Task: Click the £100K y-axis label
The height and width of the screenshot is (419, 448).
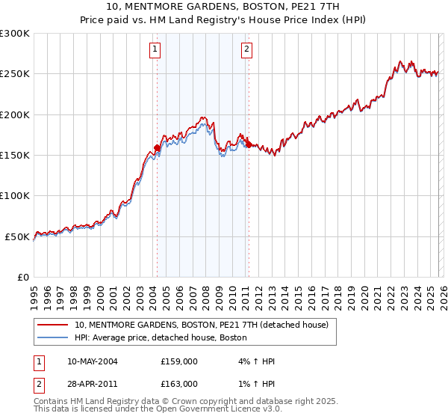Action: click(x=15, y=195)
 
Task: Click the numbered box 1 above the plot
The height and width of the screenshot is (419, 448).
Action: click(x=155, y=50)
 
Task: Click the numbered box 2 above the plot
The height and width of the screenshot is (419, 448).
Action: click(x=246, y=50)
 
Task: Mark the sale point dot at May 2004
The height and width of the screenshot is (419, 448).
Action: click(x=158, y=147)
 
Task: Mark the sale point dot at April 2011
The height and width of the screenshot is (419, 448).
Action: click(x=249, y=144)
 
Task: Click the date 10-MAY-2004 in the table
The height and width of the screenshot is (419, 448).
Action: click(x=92, y=361)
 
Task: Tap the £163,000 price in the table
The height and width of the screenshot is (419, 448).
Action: click(x=179, y=383)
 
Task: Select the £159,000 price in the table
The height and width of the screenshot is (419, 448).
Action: click(x=179, y=361)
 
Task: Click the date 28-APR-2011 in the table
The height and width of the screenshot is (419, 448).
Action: click(x=92, y=383)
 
